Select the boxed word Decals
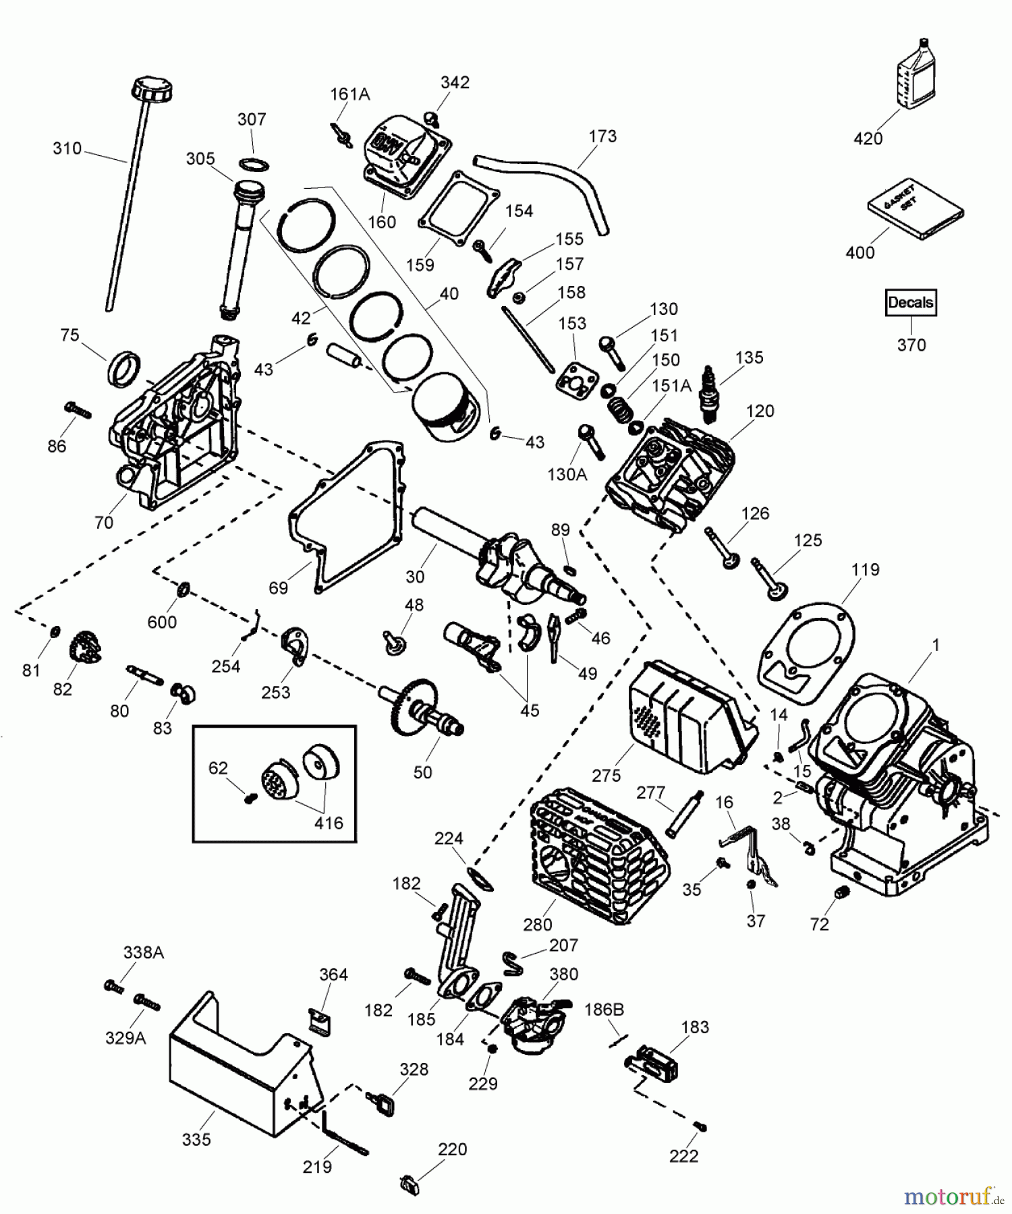coord(910,303)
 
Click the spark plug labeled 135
coord(708,393)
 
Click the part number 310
coord(67,148)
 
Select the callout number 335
coord(196,1140)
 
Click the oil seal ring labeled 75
coord(125,368)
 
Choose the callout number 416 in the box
coord(329,823)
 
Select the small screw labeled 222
coord(702,1127)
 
